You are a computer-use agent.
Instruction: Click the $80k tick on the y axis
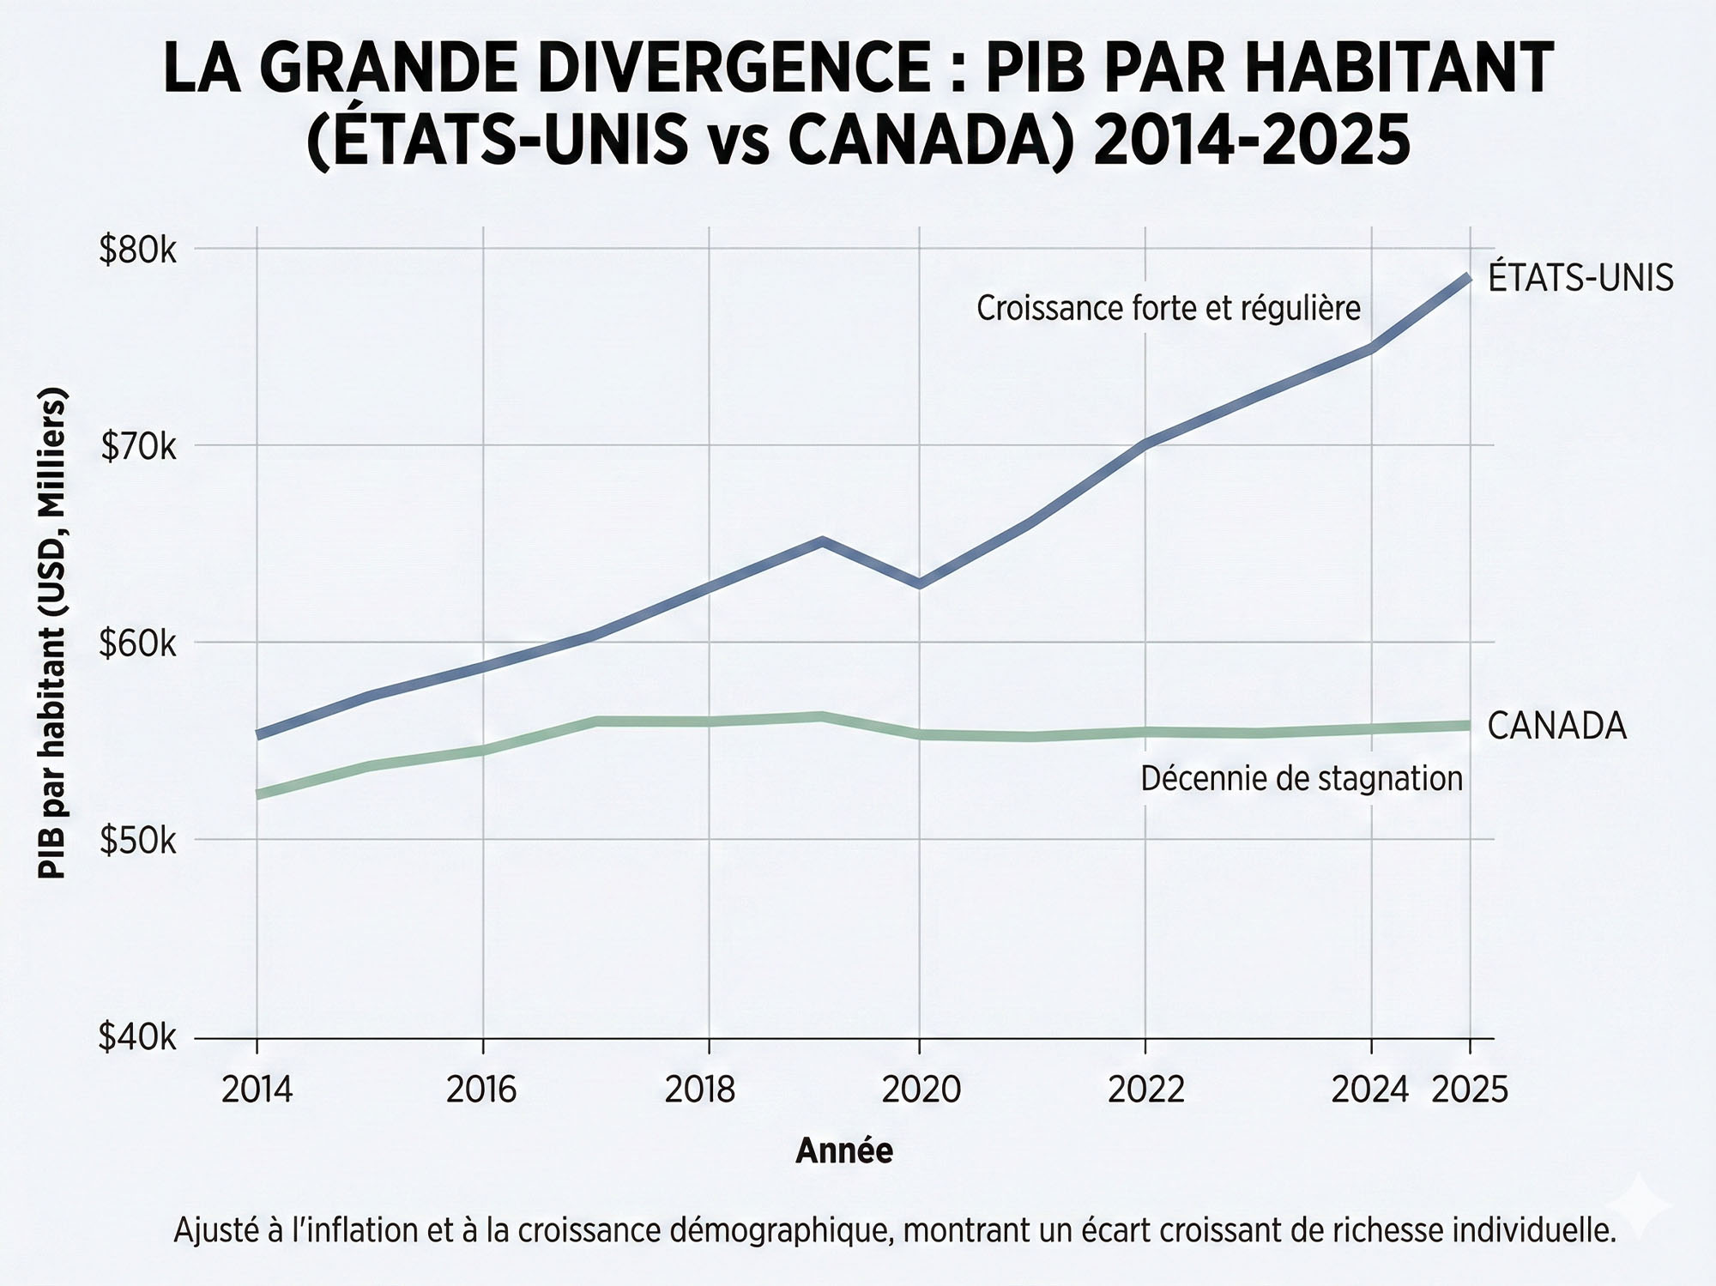137,251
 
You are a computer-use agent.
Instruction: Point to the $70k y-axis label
138,447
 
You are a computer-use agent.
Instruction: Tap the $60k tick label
137,644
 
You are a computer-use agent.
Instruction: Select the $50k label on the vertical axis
137,842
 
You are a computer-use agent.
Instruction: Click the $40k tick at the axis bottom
137,1038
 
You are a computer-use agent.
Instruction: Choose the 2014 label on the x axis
257,1090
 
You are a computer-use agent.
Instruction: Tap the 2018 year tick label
700,1090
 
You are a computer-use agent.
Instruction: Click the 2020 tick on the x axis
921,1090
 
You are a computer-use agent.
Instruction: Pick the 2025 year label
1470,1090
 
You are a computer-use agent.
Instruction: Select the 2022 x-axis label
1145,1090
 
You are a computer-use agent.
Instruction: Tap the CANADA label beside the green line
1556,727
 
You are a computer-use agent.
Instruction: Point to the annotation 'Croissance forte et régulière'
1169,308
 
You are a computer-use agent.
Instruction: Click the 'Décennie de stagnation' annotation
1302,779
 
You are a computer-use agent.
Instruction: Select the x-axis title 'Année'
844,1150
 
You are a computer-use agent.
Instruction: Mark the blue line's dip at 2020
920,583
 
